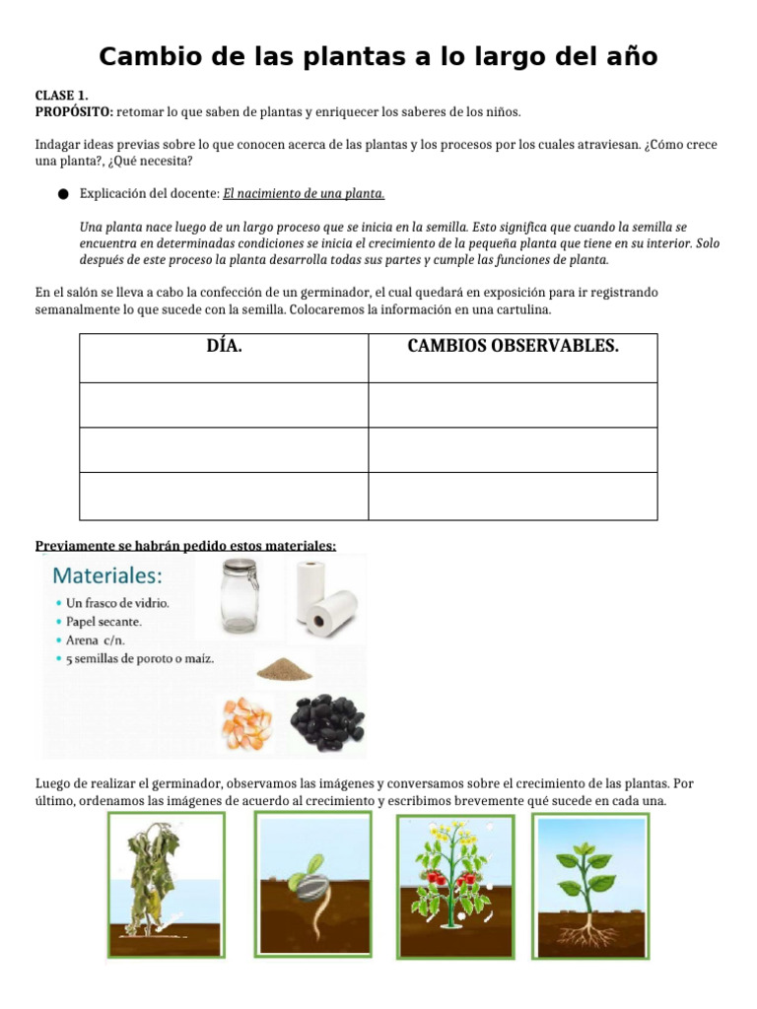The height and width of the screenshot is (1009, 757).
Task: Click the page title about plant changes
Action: [378, 56]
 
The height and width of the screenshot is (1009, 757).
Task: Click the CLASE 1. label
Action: [61, 96]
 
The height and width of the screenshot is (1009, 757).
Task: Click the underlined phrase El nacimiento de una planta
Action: [304, 193]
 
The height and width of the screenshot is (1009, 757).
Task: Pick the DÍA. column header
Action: [224, 347]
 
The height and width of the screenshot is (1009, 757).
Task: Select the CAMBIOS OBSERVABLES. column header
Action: [513, 347]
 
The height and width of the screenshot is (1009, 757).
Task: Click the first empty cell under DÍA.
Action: [224, 405]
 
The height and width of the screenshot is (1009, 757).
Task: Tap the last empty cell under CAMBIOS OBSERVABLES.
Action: [513, 496]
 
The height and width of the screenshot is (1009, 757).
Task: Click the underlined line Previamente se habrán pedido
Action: [185, 546]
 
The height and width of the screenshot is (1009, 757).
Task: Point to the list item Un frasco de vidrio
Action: [117, 603]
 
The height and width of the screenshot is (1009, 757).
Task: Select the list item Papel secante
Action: [103, 622]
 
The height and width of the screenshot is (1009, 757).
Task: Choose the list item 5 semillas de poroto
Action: [140, 658]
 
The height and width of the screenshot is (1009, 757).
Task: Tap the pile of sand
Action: [284, 670]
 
